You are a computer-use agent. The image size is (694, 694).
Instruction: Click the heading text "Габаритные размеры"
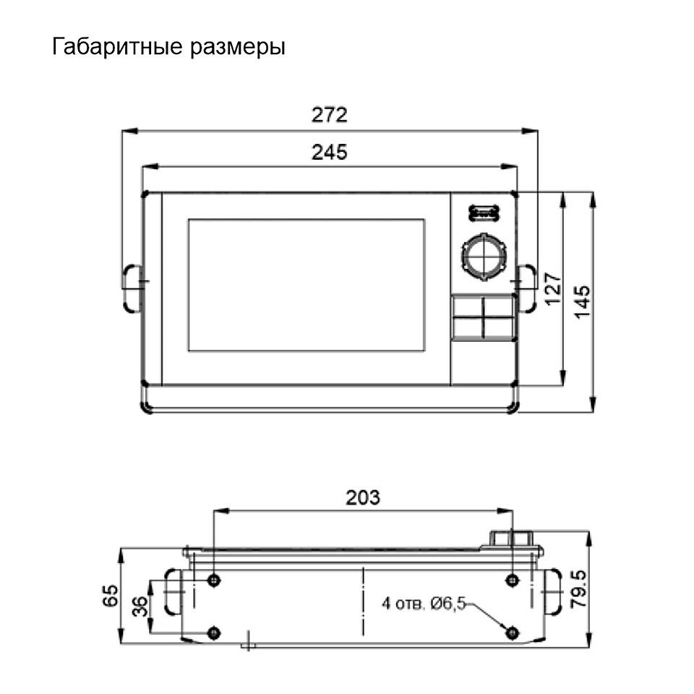[x=168, y=47]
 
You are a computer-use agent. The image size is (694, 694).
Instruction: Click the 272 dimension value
[x=330, y=115]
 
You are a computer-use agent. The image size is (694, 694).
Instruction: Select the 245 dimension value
[x=330, y=153]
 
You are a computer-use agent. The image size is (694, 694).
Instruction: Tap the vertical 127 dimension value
[x=552, y=289]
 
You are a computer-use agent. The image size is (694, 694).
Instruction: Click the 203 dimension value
[x=363, y=497]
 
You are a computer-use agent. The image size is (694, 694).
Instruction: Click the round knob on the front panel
[x=484, y=255]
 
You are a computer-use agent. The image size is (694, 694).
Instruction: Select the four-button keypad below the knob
[x=484, y=317]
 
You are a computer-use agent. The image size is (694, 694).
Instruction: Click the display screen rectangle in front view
[x=307, y=285]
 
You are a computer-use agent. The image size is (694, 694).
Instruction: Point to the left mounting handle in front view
[x=131, y=288]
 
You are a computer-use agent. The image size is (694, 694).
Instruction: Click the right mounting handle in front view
[x=527, y=288]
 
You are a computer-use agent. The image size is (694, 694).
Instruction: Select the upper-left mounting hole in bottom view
[x=214, y=580]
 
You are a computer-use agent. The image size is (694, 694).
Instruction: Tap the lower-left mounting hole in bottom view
[x=214, y=633]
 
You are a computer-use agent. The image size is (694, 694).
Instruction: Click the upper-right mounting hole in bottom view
[x=513, y=580]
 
